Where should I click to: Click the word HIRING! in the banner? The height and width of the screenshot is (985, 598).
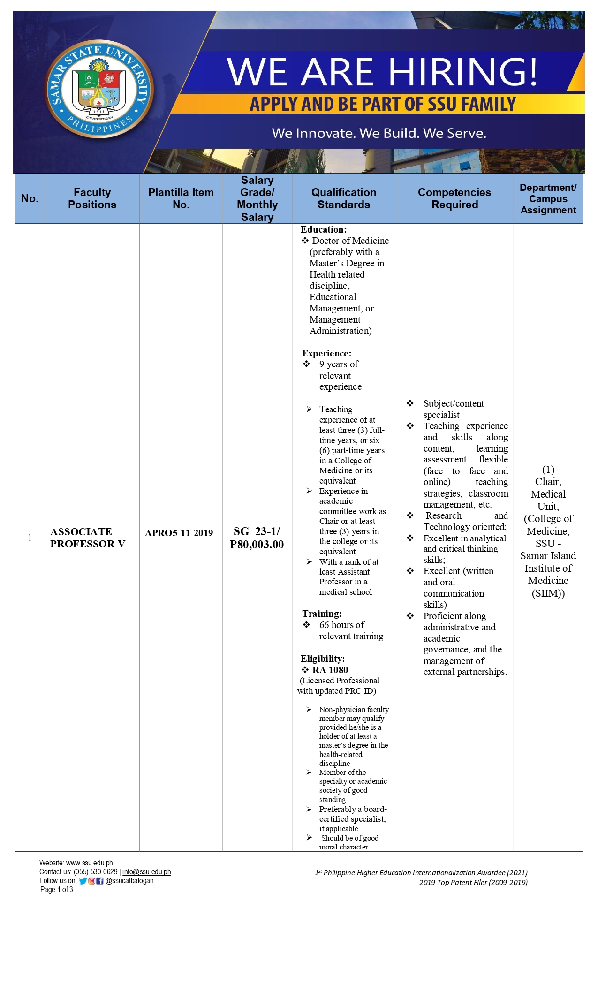[x=463, y=72]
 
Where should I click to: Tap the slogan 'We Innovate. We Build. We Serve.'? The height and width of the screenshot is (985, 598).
[x=379, y=133]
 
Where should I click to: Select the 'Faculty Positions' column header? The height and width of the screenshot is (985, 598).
[x=92, y=198]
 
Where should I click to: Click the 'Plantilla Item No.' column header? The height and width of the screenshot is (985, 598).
[x=181, y=198]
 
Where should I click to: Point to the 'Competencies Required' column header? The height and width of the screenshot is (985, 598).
[x=454, y=198]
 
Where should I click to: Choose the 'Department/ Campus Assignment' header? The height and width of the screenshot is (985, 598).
[x=548, y=198]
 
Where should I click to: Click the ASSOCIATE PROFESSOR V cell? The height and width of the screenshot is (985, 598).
[x=88, y=538]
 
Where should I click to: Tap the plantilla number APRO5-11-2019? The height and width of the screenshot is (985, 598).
[x=179, y=533]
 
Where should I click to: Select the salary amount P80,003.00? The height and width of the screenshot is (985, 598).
[x=257, y=545]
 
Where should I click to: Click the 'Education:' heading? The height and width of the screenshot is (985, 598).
[x=324, y=229]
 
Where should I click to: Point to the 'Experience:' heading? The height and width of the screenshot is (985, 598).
[x=326, y=353]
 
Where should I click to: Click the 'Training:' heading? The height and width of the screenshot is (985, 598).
[x=322, y=614]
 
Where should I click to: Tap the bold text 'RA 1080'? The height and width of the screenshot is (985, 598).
[x=330, y=670]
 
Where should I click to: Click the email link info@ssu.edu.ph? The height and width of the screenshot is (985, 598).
[x=146, y=872]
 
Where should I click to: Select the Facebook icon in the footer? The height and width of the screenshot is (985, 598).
[x=100, y=881]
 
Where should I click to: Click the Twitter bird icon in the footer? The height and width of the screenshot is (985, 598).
[x=83, y=881]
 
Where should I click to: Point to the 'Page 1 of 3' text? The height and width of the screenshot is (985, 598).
[x=56, y=890]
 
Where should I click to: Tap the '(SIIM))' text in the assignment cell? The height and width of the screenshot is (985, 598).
[x=548, y=593]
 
